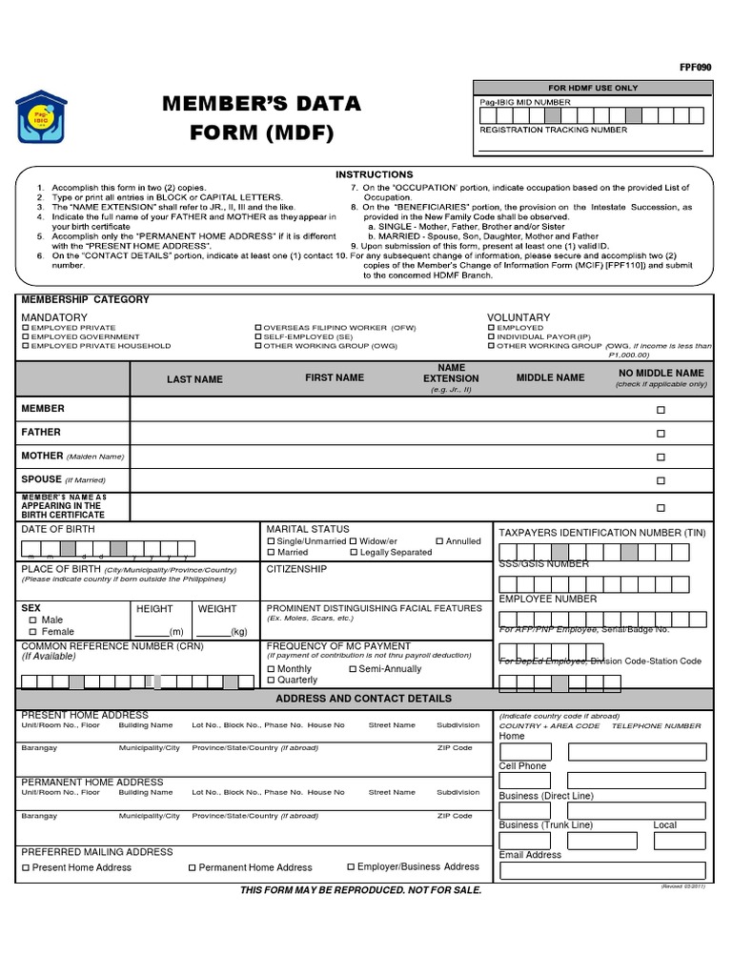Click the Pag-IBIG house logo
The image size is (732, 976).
pos(45,120)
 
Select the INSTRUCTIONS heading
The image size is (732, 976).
pos(374,174)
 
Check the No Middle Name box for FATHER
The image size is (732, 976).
pos(661,434)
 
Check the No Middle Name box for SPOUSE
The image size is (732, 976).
pos(661,482)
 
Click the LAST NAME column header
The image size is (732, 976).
pos(194,379)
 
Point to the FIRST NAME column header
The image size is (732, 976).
pos(334,378)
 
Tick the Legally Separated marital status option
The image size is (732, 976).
pos(354,553)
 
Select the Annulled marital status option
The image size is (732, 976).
pos(439,541)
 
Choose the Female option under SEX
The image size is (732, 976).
pos(33,632)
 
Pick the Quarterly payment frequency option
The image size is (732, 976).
pos(272,681)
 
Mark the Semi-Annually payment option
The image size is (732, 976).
pos(354,669)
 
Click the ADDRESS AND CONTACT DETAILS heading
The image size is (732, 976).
pos(363,699)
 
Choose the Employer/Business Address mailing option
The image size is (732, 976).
pos(350,867)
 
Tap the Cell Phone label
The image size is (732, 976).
pos(522,766)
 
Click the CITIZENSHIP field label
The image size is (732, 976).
pos(296,569)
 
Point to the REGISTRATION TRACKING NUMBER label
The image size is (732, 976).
pos(553,130)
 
